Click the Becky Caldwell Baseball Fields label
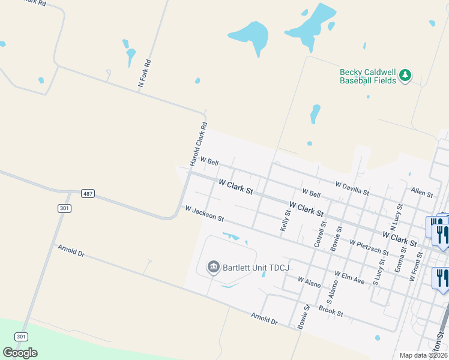(368, 76)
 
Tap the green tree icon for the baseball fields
(406, 75)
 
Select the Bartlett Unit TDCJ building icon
(213, 267)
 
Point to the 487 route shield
(88, 193)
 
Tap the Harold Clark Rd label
(198, 145)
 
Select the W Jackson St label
(205, 214)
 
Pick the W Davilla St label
(352, 188)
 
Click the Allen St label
(422, 192)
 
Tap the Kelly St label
(285, 221)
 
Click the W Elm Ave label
(350, 277)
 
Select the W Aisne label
(311, 280)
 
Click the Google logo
(20, 353)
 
